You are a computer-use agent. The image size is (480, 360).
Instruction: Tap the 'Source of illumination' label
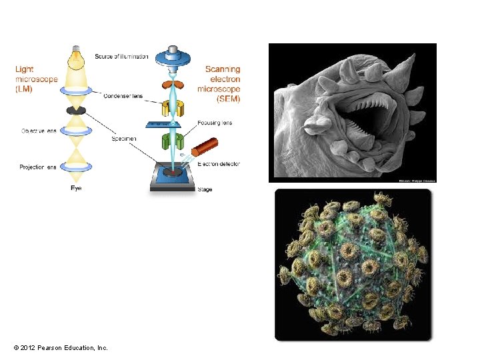pyautogui.click(x=121, y=56)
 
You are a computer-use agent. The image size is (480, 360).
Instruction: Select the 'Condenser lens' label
pyautogui.click(x=123, y=96)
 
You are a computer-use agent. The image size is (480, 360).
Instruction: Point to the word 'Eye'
pyautogui.click(x=77, y=189)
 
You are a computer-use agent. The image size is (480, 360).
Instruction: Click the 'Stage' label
pyautogui.click(x=205, y=189)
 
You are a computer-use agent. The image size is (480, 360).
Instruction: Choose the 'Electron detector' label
pyautogui.click(x=219, y=164)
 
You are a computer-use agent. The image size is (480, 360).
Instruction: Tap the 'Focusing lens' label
pyautogui.click(x=215, y=123)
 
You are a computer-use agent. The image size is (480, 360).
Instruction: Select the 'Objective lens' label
pyautogui.click(x=38, y=131)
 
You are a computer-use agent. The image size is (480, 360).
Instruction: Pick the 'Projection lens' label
pyautogui.click(x=38, y=167)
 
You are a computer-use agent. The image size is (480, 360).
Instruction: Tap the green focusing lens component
pyautogui.click(x=173, y=141)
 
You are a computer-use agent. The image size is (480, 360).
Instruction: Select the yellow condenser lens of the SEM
pyautogui.click(x=173, y=107)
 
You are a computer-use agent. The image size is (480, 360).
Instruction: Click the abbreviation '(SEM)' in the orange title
pyautogui.click(x=227, y=99)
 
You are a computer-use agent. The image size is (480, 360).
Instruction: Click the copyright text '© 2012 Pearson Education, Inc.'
pyautogui.click(x=60, y=348)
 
